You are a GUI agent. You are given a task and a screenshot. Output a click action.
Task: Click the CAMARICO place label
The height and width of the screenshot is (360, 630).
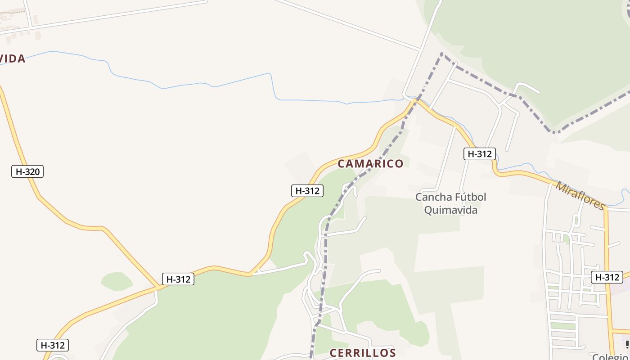(x=370, y=163)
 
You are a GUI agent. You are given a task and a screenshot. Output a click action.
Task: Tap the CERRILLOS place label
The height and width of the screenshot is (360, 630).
(x=363, y=353)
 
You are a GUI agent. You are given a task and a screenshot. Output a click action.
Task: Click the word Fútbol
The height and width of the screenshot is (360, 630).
(x=470, y=197)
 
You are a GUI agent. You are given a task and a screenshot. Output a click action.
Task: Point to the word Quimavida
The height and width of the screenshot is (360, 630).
(x=450, y=210)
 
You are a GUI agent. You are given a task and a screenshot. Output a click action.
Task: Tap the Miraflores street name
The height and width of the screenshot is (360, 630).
(x=580, y=196)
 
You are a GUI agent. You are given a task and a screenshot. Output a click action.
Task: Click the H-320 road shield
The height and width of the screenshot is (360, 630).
(x=27, y=171)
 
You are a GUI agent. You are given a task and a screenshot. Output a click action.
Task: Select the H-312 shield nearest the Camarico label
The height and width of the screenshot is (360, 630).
(x=307, y=191)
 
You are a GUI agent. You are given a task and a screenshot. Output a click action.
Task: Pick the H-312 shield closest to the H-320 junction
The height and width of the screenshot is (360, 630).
(x=179, y=279)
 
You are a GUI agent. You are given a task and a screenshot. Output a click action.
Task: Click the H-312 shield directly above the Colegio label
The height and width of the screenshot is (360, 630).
(x=607, y=277)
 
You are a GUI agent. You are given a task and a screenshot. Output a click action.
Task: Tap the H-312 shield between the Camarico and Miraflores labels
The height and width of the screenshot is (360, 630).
(x=480, y=154)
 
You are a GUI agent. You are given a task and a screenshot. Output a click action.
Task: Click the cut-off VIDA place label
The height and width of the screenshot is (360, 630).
(x=13, y=58)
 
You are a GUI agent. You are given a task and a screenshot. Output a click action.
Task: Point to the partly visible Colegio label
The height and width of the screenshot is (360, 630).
(x=610, y=356)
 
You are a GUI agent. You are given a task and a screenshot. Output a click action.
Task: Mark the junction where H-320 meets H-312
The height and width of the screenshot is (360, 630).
(x=158, y=286)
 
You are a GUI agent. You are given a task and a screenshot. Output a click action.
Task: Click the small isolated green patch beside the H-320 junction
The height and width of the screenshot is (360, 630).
(x=117, y=281)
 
